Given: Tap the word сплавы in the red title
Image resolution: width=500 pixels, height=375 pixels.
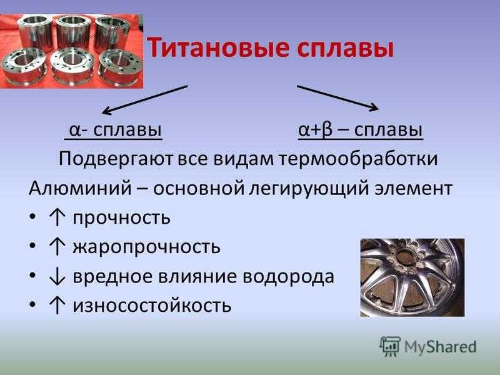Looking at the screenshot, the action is (346, 48).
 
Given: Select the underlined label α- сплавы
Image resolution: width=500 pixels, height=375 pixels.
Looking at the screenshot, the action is (114, 130).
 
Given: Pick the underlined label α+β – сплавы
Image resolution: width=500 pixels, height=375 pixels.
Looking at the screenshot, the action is (361, 130).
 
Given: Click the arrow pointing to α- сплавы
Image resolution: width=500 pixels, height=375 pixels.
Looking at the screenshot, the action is (145, 99).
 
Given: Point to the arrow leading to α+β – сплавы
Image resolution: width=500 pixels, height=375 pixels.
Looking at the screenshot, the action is (338, 98).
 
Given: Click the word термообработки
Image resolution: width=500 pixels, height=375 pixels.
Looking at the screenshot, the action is (358, 159).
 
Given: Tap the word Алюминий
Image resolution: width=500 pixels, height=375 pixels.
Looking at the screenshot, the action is (80, 188).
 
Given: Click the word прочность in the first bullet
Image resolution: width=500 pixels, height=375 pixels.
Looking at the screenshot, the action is (121, 218).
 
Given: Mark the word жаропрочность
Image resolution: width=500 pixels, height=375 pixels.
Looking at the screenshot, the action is (146, 247).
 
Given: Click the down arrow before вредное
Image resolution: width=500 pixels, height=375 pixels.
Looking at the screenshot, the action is (57, 277).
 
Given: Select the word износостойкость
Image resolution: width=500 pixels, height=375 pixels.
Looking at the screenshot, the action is (152, 306).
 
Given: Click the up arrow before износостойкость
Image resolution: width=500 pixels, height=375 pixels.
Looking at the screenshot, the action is (57, 306).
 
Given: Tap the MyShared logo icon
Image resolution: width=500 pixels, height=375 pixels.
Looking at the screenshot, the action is (389, 346).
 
